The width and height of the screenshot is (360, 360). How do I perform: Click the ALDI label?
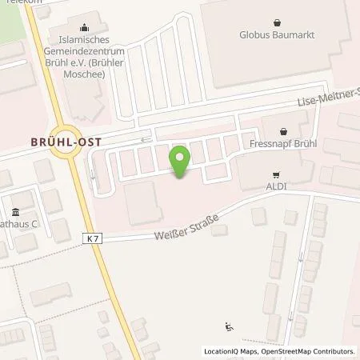(276, 184)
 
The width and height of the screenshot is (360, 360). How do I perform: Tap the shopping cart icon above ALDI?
(276, 172)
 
